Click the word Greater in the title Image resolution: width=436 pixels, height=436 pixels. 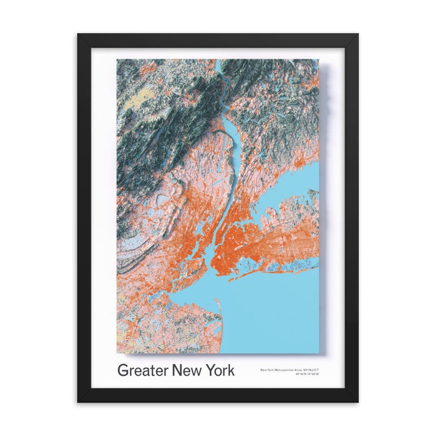pyautogui.click(x=143, y=370)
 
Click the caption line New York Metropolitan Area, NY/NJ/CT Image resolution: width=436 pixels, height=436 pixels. pyautogui.click(x=289, y=370)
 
